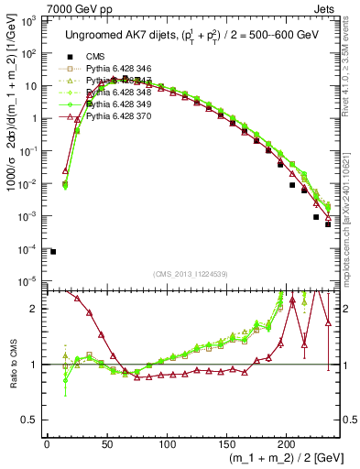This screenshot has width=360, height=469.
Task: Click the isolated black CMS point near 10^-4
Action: [x=53, y=251]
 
